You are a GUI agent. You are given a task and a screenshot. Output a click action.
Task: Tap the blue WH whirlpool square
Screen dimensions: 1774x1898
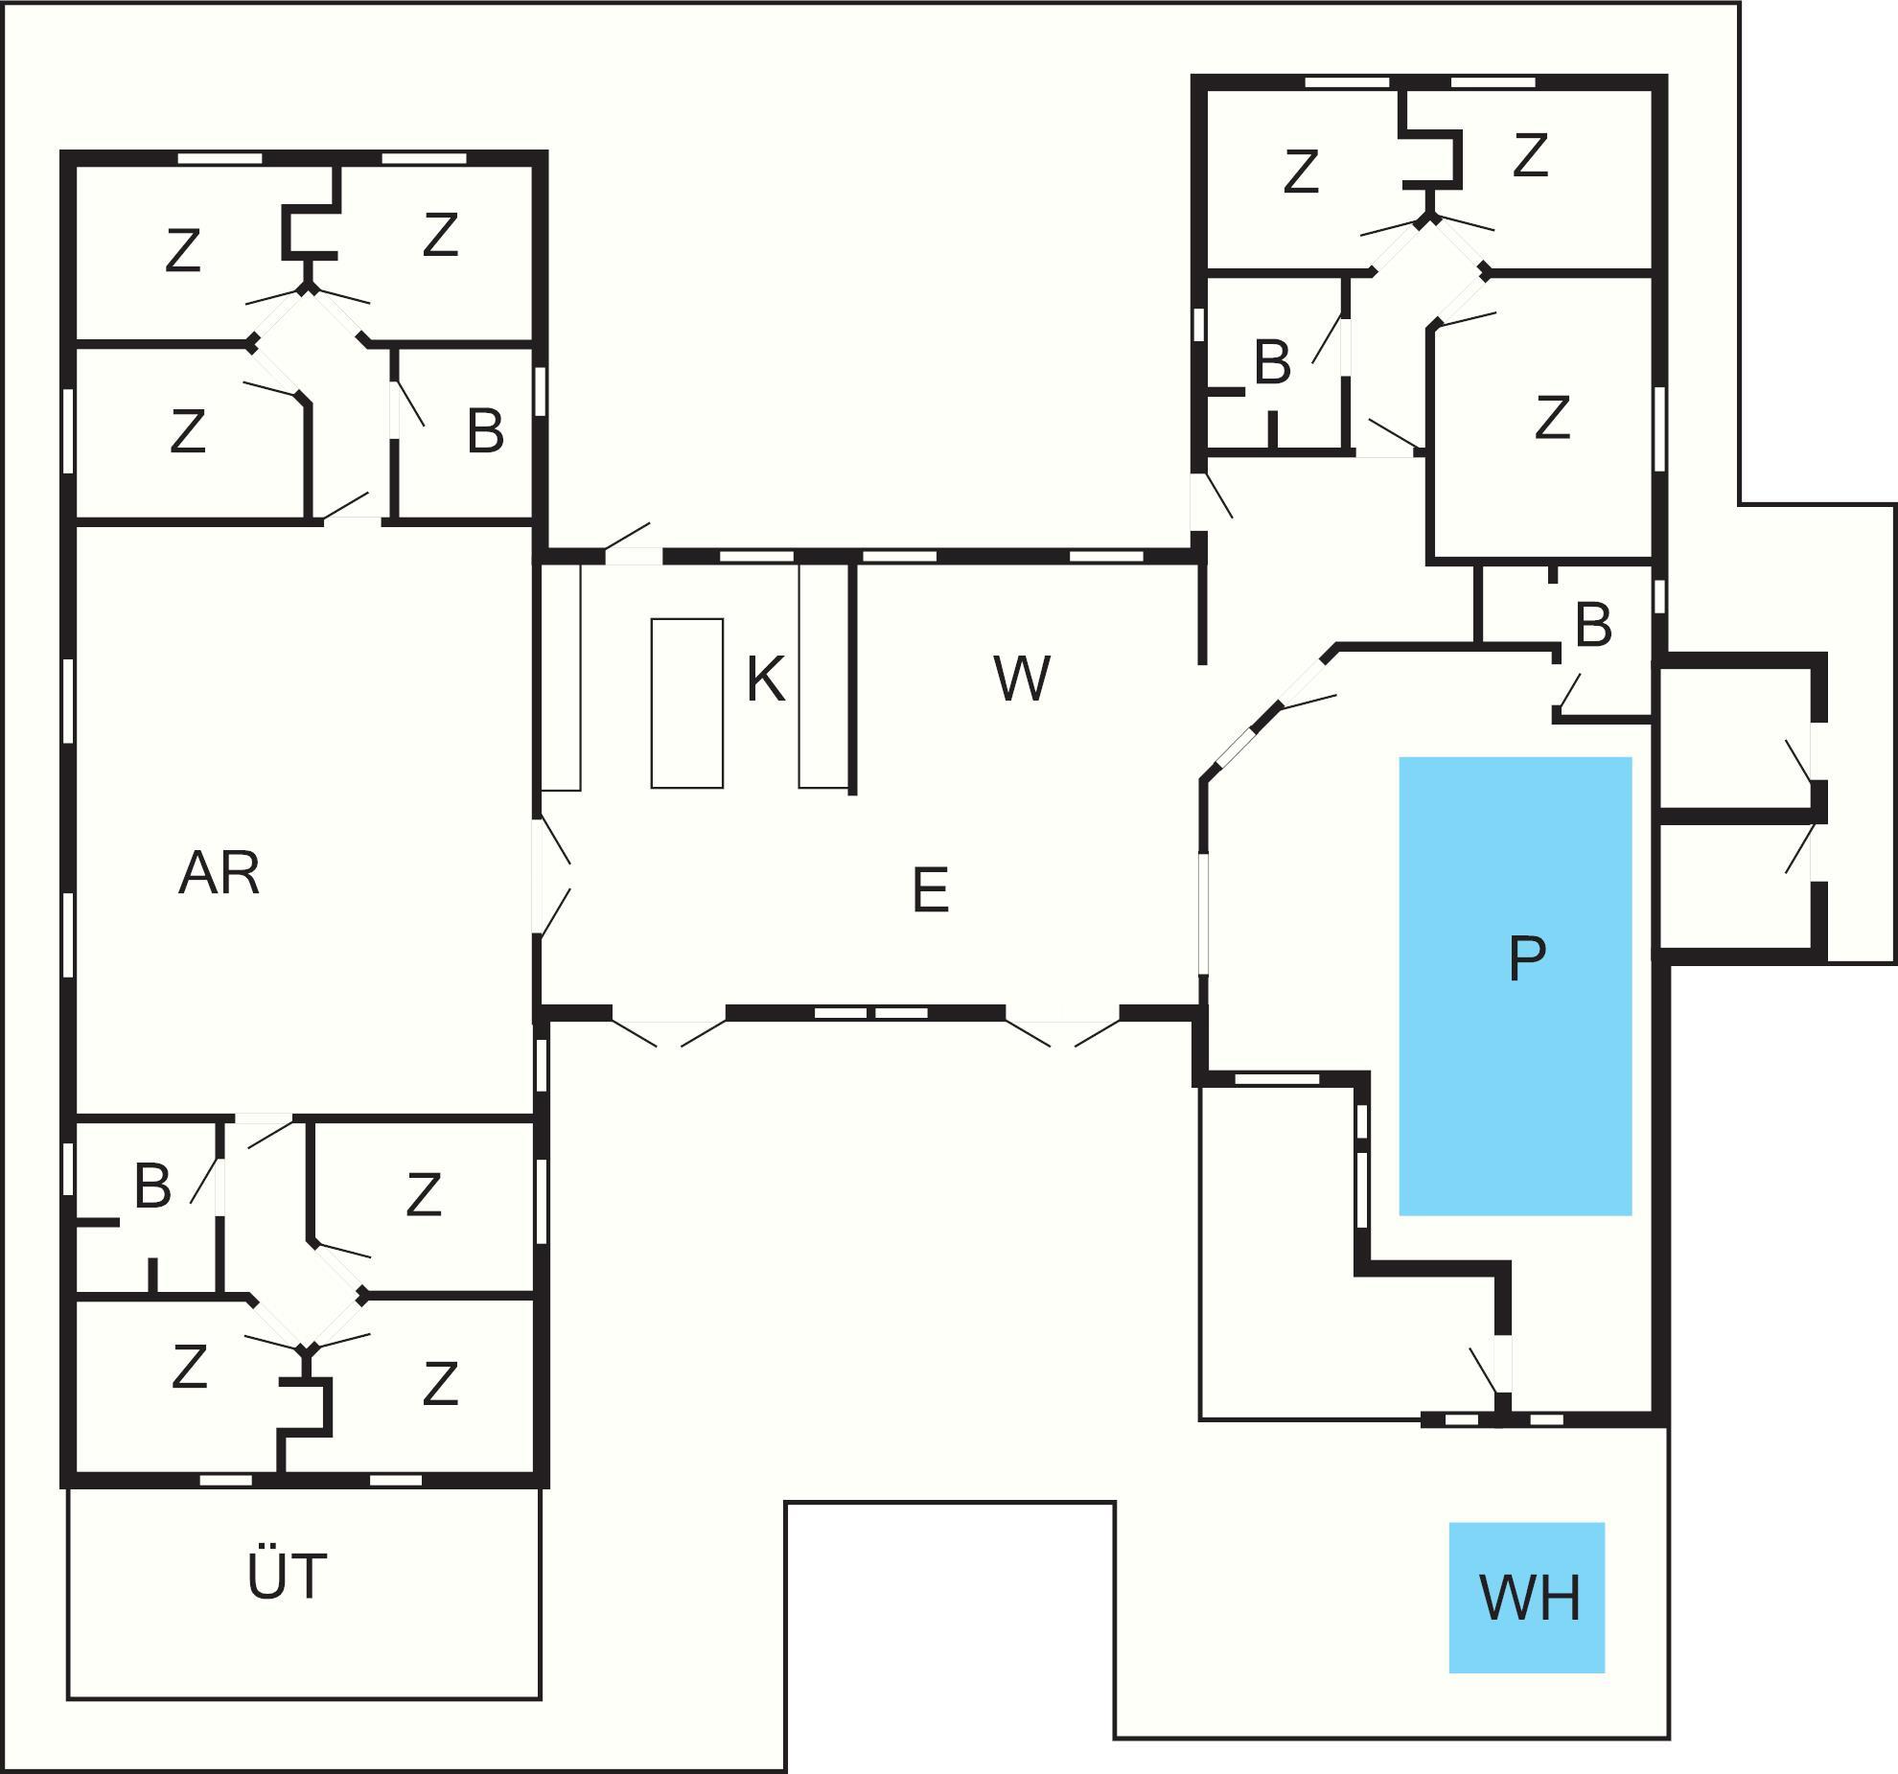pyautogui.click(x=1527, y=1597)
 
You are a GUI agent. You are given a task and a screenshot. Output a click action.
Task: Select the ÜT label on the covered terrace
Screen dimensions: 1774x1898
pyautogui.click(x=287, y=1576)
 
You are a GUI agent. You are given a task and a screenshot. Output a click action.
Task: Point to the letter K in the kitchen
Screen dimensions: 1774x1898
pyautogui.click(x=765, y=680)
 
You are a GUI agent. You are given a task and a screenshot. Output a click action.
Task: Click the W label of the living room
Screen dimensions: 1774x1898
pyautogui.click(x=1022, y=679)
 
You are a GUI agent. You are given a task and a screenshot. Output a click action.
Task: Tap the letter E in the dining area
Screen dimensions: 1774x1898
pyautogui.click(x=930, y=890)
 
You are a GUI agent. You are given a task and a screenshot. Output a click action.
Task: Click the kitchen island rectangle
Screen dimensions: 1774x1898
pyautogui.click(x=686, y=703)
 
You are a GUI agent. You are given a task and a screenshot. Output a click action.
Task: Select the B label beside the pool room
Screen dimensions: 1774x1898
pyautogui.click(x=1592, y=625)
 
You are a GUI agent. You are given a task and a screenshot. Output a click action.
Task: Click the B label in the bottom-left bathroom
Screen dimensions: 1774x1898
pyautogui.click(x=152, y=1186)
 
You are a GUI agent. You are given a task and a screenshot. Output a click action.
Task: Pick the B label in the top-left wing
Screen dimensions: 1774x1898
pyautogui.click(x=485, y=431)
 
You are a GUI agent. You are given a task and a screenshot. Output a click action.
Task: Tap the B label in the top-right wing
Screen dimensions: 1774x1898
pyautogui.click(x=1272, y=363)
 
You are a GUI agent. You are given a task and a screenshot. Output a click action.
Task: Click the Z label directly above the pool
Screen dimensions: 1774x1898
pyautogui.click(x=1552, y=418)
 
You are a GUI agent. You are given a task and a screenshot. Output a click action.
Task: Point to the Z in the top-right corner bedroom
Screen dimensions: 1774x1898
pyautogui.click(x=1530, y=155)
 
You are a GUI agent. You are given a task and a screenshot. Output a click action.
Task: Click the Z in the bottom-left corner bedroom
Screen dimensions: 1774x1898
pyautogui.click(x=189, y=1367)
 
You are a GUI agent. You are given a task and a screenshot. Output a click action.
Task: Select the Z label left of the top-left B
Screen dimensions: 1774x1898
pyautogui.click(x=187, y=431)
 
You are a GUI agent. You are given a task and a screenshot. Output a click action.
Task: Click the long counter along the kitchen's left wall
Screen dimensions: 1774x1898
pyautogui.click(x=561, y=677)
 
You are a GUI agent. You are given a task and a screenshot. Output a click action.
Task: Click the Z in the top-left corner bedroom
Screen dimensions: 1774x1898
pyautogui.click(x=182, y=251)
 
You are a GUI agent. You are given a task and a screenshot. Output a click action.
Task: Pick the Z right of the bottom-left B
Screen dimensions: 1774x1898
pyautogui.click(x=423, y=1194)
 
